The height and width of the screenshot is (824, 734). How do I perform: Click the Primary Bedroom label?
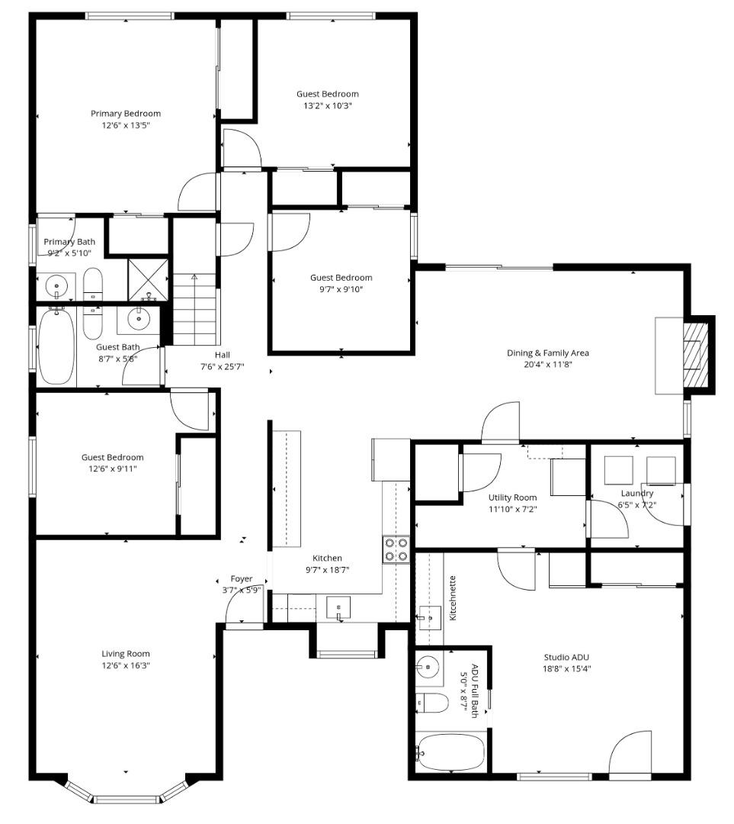click(x=126, y=114)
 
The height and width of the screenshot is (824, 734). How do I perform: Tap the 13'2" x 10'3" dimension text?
click(x=328, y=106)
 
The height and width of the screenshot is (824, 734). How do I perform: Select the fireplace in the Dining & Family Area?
click(x=694, y=355)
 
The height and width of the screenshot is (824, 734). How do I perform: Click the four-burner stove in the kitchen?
click(x=396, y=549)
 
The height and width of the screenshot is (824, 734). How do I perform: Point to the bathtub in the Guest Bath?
click(x=56, y=348)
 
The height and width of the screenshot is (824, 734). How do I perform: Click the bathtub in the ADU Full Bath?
click(x=451, y=752)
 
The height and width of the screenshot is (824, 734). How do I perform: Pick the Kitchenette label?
click(x=453, y=597)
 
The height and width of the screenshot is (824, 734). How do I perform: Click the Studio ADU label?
click(x=566, y=657)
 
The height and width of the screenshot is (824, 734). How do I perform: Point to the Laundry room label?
click(x=637, y=494)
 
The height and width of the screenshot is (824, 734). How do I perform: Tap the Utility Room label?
click(x=512, y=497)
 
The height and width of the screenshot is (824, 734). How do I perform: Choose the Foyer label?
click(x=242, y=579)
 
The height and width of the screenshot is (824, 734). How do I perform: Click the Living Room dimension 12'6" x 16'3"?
click(x=126, y=665)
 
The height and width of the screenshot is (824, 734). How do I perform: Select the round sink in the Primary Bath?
click(x=58, y=287)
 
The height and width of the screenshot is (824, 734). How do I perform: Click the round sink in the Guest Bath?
click(x=139, y=320)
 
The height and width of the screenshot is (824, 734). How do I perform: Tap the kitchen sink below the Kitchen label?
click(x=338, y=608)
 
